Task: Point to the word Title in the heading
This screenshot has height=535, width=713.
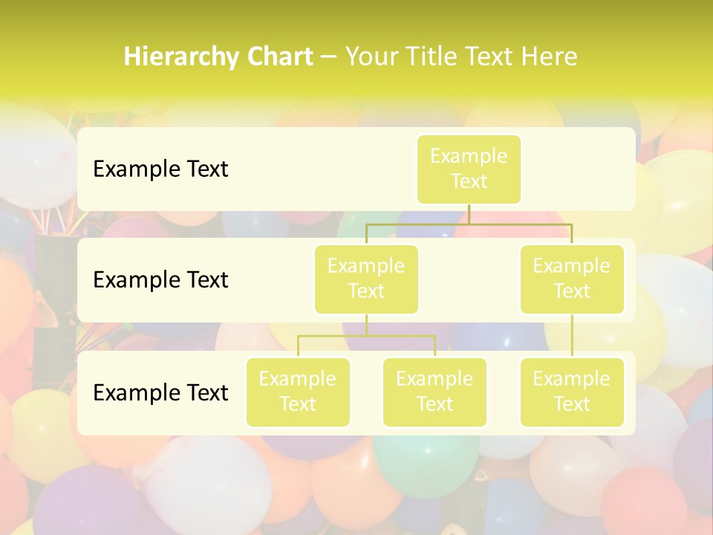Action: [433, 57]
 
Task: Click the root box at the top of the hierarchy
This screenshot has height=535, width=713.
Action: [469, 169]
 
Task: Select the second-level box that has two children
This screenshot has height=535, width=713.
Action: [366, 279]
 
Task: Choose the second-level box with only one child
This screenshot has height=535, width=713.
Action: [572, 279]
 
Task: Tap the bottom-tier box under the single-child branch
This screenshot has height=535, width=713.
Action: [572, 392]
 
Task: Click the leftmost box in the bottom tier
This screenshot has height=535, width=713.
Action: [298, 392]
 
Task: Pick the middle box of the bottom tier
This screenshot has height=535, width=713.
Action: [434, 392]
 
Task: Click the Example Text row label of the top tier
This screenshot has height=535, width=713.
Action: [160, 169]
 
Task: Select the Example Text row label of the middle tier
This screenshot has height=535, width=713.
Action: [160, 280]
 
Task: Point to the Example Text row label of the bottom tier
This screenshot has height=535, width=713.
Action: [160, 392]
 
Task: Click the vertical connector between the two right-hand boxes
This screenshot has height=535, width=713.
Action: [572, 336]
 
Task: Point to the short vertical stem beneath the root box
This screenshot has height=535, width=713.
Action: [469, 214]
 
